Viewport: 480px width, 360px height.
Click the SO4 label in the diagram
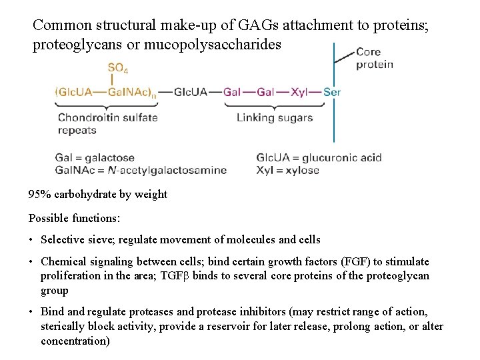click(x=117, y=69)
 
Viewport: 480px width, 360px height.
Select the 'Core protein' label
click(x=374, y=58)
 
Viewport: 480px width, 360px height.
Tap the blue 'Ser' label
click(x=332, y=92)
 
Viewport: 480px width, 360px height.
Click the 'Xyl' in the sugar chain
click(x=299, y=92)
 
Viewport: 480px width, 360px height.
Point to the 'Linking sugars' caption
click(x=275, y=117)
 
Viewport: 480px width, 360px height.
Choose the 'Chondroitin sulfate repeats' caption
click(x=107, y=123)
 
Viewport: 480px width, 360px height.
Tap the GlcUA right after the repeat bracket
click(x=191, y=92)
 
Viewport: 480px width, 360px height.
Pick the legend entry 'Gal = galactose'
click(x=95, y=158)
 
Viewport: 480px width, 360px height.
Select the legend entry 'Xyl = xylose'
click(x=287, y=170)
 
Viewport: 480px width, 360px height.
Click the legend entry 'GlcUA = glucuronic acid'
click(x=319, y=158)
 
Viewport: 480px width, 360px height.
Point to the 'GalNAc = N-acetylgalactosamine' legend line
click(x=141, y=170)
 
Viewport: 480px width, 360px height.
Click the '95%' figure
click(x=39, y=195)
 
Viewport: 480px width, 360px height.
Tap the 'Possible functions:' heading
click(x=74, y=218)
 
